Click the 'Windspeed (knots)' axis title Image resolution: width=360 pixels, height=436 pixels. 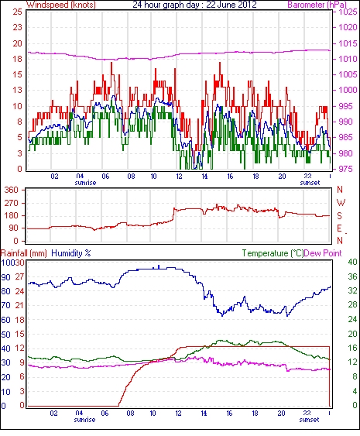tap(60, 5)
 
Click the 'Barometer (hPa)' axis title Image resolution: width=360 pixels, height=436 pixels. tap(317, 5)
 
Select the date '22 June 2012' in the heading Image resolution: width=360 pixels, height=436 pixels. tap(231, 5)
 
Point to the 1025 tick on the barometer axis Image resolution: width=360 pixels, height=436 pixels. tap(348, 12)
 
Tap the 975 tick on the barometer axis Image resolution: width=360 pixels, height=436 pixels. tap(348, 169)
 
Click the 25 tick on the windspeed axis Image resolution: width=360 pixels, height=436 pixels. tap(17, 12)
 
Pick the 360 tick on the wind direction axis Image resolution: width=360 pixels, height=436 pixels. tap(12, 191)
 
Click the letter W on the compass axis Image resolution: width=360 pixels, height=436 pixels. tap(341, 203)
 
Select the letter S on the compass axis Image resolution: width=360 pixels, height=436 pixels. tap(339, 215)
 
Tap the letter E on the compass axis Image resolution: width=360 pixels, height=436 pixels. tap(339, 228)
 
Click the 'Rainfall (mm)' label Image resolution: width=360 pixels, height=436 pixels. tap(24, 253)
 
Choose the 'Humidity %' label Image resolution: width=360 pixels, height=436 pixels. tap(71, 253)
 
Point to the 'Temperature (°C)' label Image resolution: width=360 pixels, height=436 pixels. tap(273, 253)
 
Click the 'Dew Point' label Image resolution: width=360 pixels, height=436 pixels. tap(323, 253)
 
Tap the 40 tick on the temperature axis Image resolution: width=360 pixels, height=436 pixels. tap(353, 262)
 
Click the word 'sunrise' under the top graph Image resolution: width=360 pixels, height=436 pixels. tap(85, 183)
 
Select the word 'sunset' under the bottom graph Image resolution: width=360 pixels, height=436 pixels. tap(309, 419)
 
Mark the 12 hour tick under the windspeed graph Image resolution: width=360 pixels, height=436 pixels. tap(179, 177)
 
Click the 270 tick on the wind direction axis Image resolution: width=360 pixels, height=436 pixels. tap(12, 203)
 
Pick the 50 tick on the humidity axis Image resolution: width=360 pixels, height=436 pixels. tap(5, 335)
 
